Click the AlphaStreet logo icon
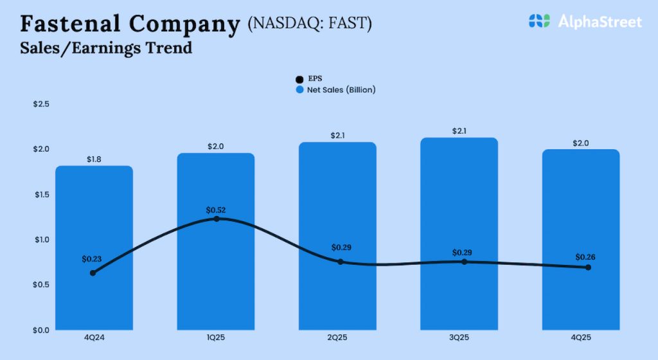click(x=539, y=21)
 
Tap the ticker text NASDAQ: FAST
click(x=310, y=23)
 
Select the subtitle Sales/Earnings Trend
click(x=106, y=48)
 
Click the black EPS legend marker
click(x=299, y=79)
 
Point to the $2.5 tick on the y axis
click(x=41, y=104)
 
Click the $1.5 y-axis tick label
click(x=41, y=194)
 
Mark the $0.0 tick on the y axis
click(x=41, y=330)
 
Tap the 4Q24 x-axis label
click(x=94, y=337)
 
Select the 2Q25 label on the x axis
click(x=338, y=337)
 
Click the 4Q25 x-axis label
click(x=581, y=337)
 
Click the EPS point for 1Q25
click(x=217, y=219)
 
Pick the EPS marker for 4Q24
click(x=93, y=273)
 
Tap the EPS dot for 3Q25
click(x=464, y=262)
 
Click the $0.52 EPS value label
click(x=216, y=210)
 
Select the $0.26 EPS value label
click(x=585, y=257)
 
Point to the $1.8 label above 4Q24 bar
click(x=94, y=159)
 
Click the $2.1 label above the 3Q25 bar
click(x=459, y=131)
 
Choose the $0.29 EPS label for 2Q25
click(x=341, y=248)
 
